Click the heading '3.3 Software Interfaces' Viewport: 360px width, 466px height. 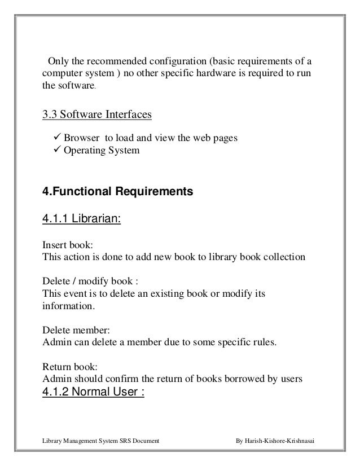(x=98, y=115)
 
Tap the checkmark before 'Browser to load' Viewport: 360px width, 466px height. (x=56, y=137)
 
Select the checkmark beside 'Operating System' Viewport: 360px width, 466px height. (x=56, y=151)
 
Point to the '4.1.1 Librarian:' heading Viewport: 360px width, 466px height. (x=82, y=218)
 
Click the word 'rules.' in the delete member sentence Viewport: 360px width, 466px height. (x=265, y=342)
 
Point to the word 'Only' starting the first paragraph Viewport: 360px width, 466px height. (x=58, y=61)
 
